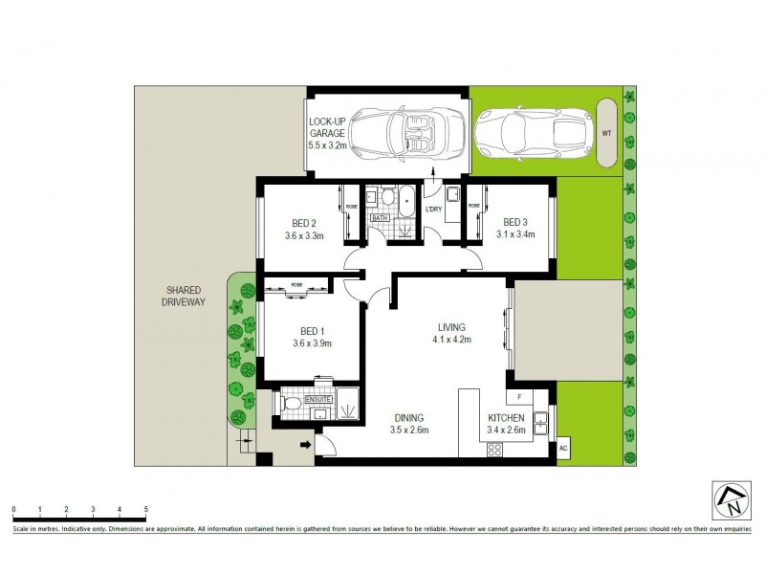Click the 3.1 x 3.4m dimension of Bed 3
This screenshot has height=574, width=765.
click(x=514, y=233)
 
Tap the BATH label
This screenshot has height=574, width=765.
click(x=380, y=218)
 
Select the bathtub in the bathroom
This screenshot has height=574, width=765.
click(x=407, y=203)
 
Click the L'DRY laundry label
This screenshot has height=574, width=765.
click(x=433, y=210)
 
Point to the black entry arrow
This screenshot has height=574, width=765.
click(x=307, y=444)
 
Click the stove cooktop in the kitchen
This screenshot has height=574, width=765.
click(x=495, y=449)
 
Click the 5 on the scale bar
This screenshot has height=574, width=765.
click(x=145, y=510)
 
